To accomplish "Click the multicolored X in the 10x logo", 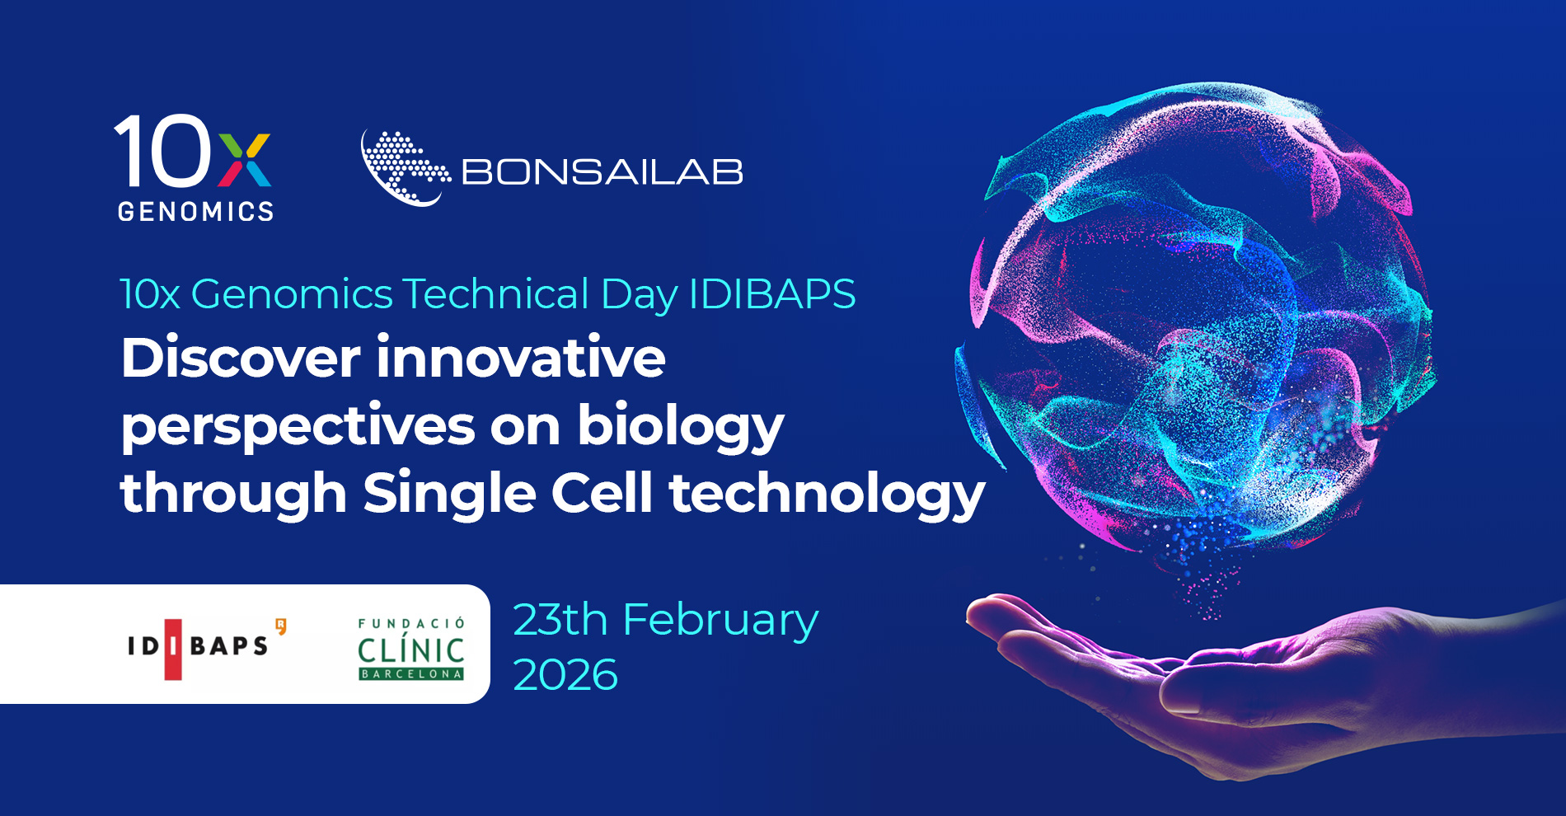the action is click(245, 161).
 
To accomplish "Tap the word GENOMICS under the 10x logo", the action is click(196, 212).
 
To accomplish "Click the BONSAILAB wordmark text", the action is click(602, 172).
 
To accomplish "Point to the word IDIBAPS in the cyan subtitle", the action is click(772, 294).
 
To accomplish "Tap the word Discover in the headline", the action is click(241, 358).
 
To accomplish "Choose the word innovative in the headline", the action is click(521, 358).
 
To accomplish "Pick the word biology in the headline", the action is click(681, 427).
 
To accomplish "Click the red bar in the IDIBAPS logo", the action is click(173, 650).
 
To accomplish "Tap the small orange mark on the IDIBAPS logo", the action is click(281, 626).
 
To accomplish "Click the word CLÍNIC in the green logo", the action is click(411, 650).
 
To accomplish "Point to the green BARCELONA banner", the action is click(411, 674).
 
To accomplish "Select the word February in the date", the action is click(720, 621).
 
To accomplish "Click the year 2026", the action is click(565, 676).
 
